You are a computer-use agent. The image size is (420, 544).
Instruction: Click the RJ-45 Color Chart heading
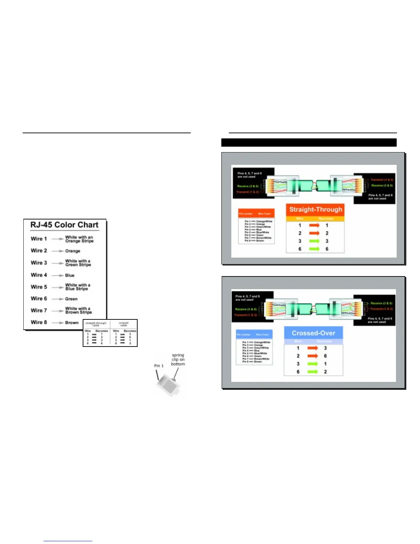[x=64, y=225]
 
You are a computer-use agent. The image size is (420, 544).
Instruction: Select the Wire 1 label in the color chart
[x=39, y=239]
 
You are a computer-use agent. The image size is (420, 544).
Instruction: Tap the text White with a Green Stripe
[x=78, y=263]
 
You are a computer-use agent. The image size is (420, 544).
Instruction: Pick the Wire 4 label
[x=39, y=275]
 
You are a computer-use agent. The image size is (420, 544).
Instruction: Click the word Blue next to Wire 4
[x=70, y=275]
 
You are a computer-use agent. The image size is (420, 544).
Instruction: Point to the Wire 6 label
[x=39, y=299]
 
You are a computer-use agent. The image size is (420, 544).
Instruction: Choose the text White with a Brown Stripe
[x=79, y=310]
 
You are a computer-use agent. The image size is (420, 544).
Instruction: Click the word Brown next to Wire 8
[x=72, y=323]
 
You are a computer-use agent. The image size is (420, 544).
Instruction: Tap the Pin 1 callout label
[x=159, y=366]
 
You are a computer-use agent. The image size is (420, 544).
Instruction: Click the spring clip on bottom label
[x=178, y=360]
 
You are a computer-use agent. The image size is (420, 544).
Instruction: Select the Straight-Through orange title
[x=316, y=209]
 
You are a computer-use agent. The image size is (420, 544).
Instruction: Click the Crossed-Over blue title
[x=313, y=333]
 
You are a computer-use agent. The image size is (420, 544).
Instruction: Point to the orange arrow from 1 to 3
[x=313, y=348]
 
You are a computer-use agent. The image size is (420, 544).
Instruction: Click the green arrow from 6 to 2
[x=313, y=372]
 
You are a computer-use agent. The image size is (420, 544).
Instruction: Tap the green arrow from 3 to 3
[x=314, y=241]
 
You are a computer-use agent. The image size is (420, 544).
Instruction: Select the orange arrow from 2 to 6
[x=313, y=356]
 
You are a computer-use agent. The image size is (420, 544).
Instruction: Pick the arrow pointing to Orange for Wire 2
[x=58, y=251]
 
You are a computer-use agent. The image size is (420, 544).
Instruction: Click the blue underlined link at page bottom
[x=68, y=541]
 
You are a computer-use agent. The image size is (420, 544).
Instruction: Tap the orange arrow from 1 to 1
[x=314, y=225]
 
